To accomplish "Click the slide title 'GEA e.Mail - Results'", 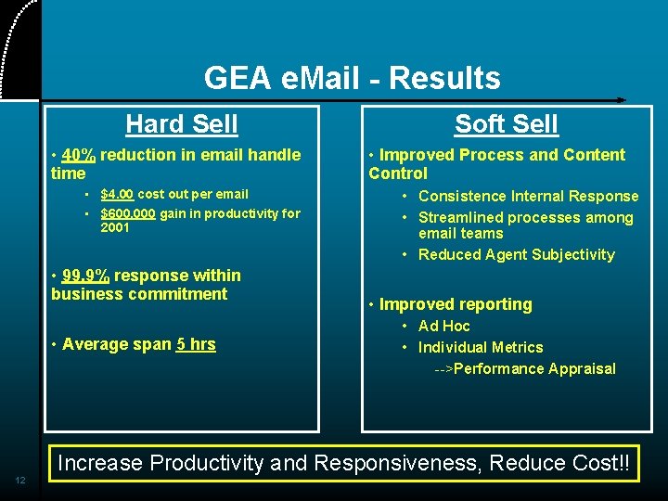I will (352, 78).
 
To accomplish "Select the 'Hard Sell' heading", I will (182, 123).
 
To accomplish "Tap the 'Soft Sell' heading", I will (507, 123).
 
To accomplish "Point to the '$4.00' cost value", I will (117, 194).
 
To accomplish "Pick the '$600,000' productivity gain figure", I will (128, 213).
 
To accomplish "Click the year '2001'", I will (115, 227).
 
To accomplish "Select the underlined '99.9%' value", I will (85, 276).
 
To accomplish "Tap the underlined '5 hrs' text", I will (196, 344).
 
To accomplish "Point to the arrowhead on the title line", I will (621, 99).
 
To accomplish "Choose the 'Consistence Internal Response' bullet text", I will (528, 196).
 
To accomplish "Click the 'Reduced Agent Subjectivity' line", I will (516, 254).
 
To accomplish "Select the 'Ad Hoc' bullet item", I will (443, 326).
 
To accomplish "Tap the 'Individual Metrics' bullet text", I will (481, 347).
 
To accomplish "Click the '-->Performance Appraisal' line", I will (525, 368).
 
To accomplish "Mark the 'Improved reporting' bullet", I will (456, 304).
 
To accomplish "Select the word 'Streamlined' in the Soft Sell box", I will (459, 218).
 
